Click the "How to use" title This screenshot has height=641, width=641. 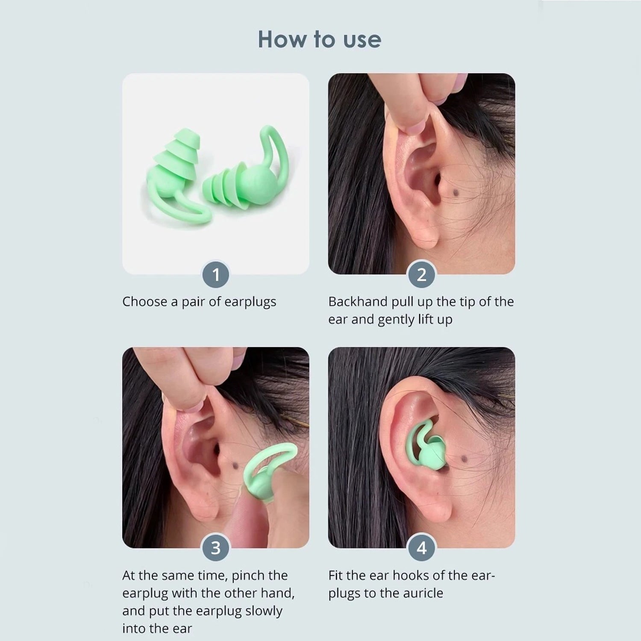(319, 39)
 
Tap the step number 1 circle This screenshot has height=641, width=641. (216, 274)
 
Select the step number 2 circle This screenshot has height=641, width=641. (421, 274)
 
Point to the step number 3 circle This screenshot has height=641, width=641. (216, 548)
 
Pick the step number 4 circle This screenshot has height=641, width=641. (421, 548)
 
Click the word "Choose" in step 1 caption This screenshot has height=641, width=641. (145, 302)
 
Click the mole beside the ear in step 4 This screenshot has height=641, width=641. (464, 459)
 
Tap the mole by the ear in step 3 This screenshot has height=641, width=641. (234, 465)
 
